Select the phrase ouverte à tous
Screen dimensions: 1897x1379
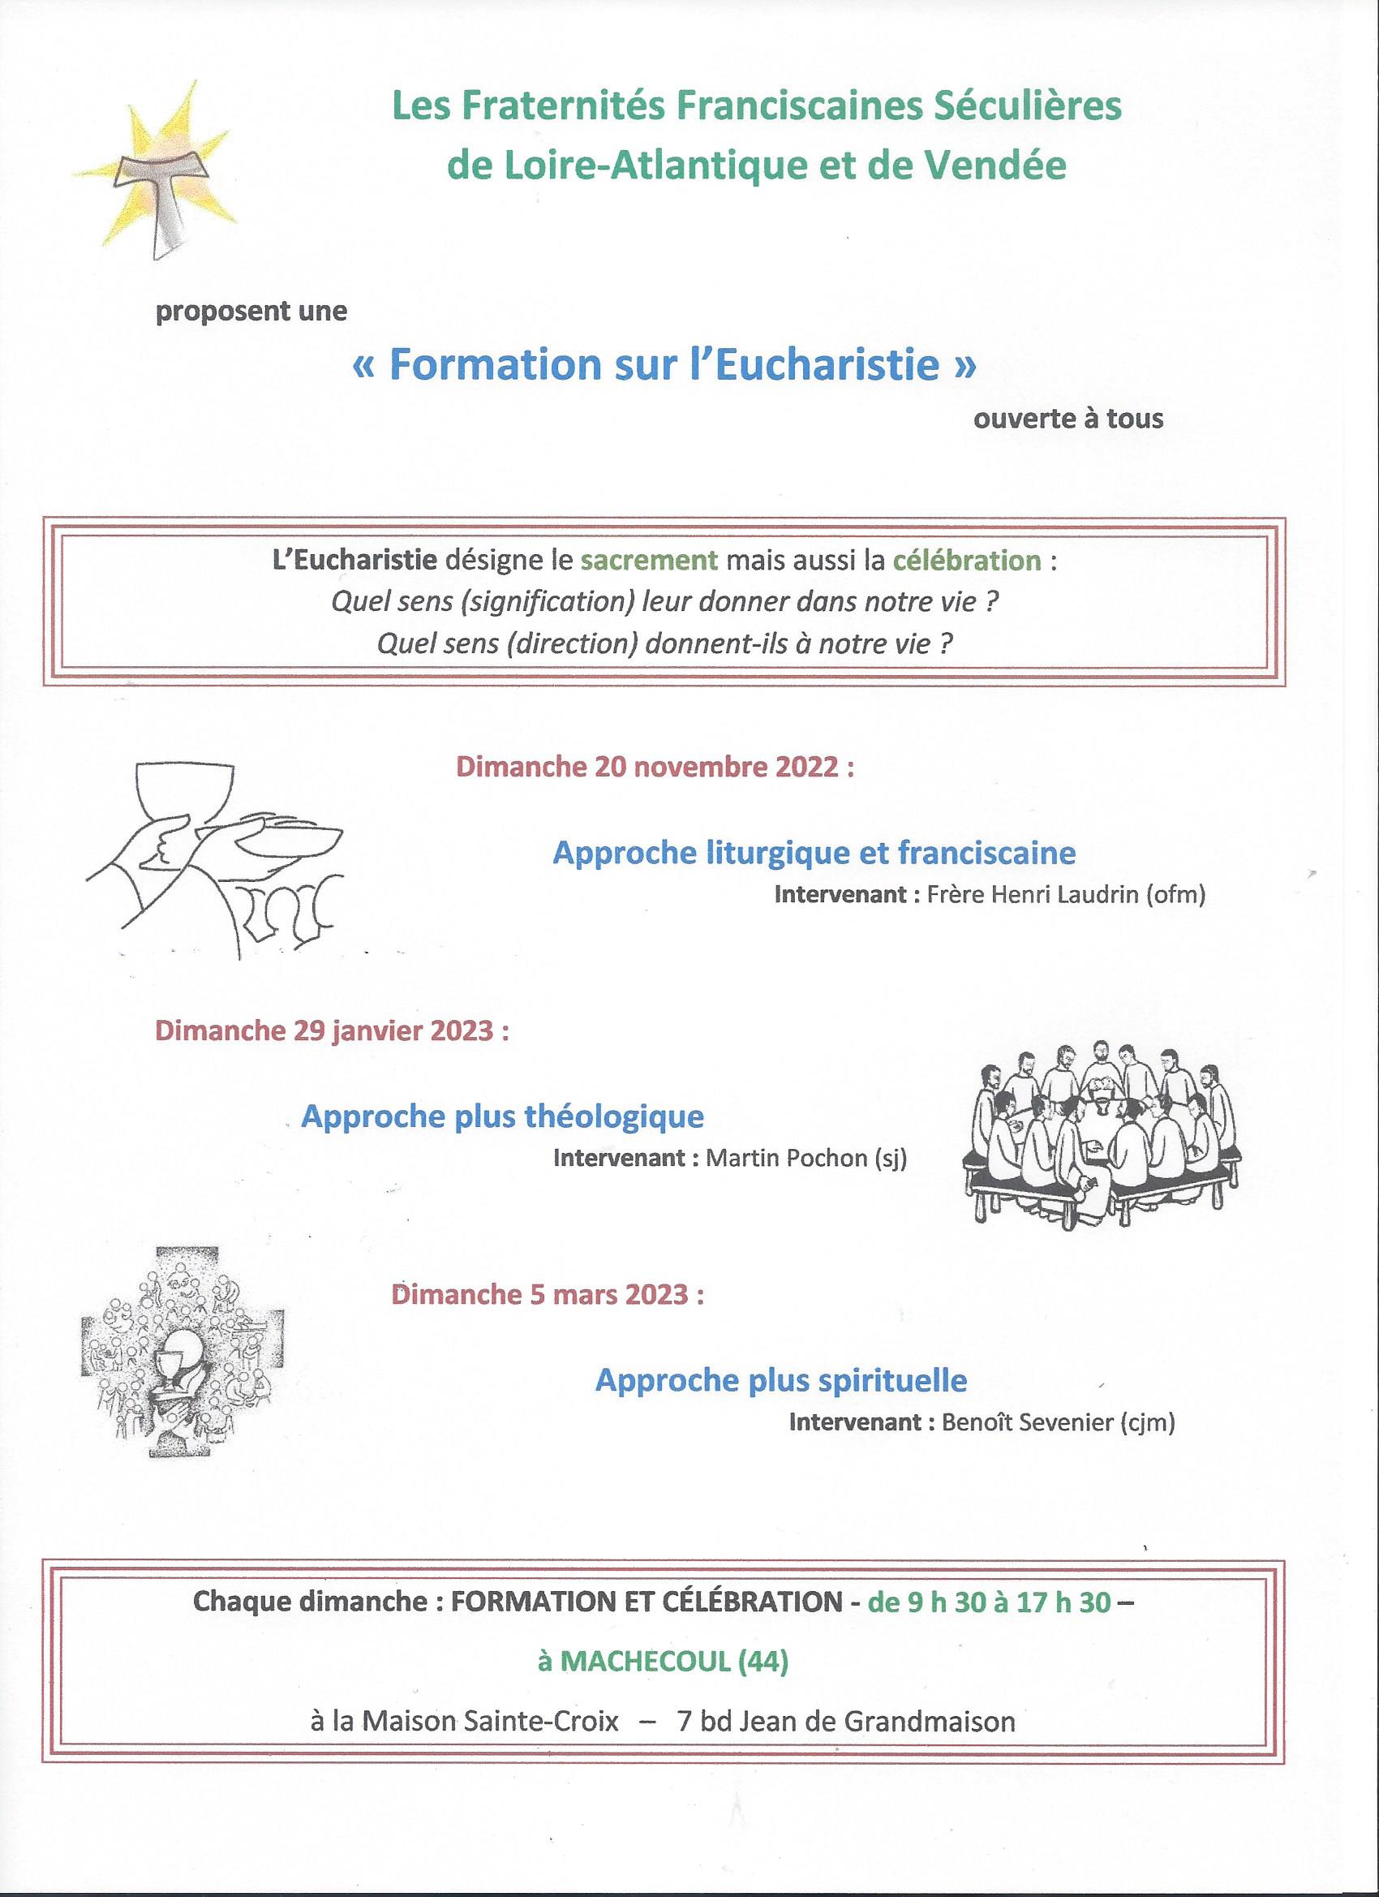point(1068,418)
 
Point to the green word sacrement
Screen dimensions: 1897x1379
point(649,560)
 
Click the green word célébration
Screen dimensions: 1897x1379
point(967,560)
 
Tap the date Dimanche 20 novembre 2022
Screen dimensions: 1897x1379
point(655,767)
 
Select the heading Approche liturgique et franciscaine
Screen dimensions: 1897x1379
point(814,852)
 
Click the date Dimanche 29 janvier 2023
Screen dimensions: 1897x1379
point(332,1030)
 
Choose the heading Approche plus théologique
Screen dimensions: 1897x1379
point(503,1116)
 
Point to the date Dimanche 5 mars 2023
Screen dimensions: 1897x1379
point(547,1295)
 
